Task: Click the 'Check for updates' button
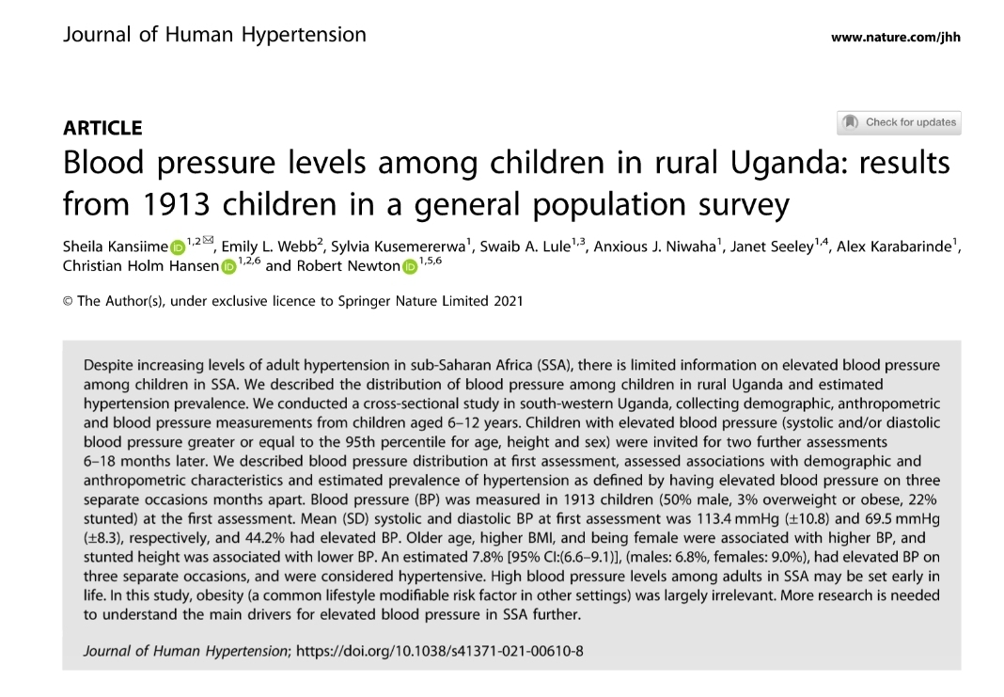[899, 122]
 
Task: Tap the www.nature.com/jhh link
[896, 38]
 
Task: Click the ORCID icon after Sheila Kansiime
[178, 248]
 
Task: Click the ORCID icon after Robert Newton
[409, 267]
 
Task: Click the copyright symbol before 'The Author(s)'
[68, 301]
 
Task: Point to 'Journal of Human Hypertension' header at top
[214, 36]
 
